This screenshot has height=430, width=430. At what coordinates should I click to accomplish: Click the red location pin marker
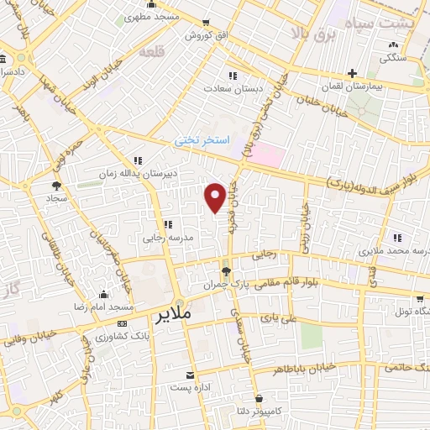(216, 197)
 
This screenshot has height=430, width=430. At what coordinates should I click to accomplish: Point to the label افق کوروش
(202, 36)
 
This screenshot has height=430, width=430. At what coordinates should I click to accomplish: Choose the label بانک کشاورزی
(98, 336)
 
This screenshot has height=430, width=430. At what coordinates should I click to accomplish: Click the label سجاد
(57, 199)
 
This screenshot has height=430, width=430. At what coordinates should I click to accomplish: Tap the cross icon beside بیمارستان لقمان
(353, 73)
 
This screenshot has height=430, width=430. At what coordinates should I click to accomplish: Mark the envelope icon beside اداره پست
(190, 375)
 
